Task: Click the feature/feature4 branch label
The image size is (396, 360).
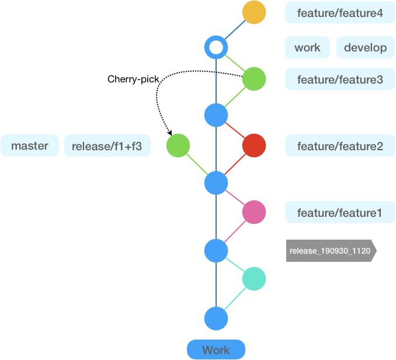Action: pyautogui.click(x=340, y=13)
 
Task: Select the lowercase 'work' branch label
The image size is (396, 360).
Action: pyautogui.click(x=307, y=47)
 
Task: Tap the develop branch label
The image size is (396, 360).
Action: pyautogui.click(x=365, y=47)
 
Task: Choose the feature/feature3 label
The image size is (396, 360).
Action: pyautogui.click(x=340, y=79)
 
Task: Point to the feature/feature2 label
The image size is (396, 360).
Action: pyautogui.click(x=340, y=146)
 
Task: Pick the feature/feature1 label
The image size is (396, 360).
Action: pyautogui.click(x=340, y=213)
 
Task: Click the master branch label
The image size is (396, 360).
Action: pyautogui.click(x=30, y=146)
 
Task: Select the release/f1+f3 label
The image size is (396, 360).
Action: pyautogui.click(x=107, y=146)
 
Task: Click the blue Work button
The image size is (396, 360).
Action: pyautogui.click(x=216, y=349)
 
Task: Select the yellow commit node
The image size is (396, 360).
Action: pyautogui.click(x=253, y=12)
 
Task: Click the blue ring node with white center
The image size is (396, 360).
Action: pyautogui.click(x=216, y=47)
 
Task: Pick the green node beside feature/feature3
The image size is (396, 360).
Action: pyautogui.click(x=253, y=79)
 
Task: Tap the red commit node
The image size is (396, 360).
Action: pyautogui.click(x=253, y=146)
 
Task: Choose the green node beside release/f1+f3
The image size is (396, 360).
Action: pyautogui.click(x=178, y=146)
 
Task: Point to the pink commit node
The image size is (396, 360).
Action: pyautogui.click(x=253, y=212)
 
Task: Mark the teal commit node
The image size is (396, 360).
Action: pyautogui.click(x=253, y=279)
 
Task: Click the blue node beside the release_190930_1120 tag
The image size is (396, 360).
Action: pyautogui.click(x=216, y=251)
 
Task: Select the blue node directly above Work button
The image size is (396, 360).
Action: pyautogui.click(x=216, y=319)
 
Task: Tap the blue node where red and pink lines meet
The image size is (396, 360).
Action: pyautogui.click(x=216, y=183)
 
